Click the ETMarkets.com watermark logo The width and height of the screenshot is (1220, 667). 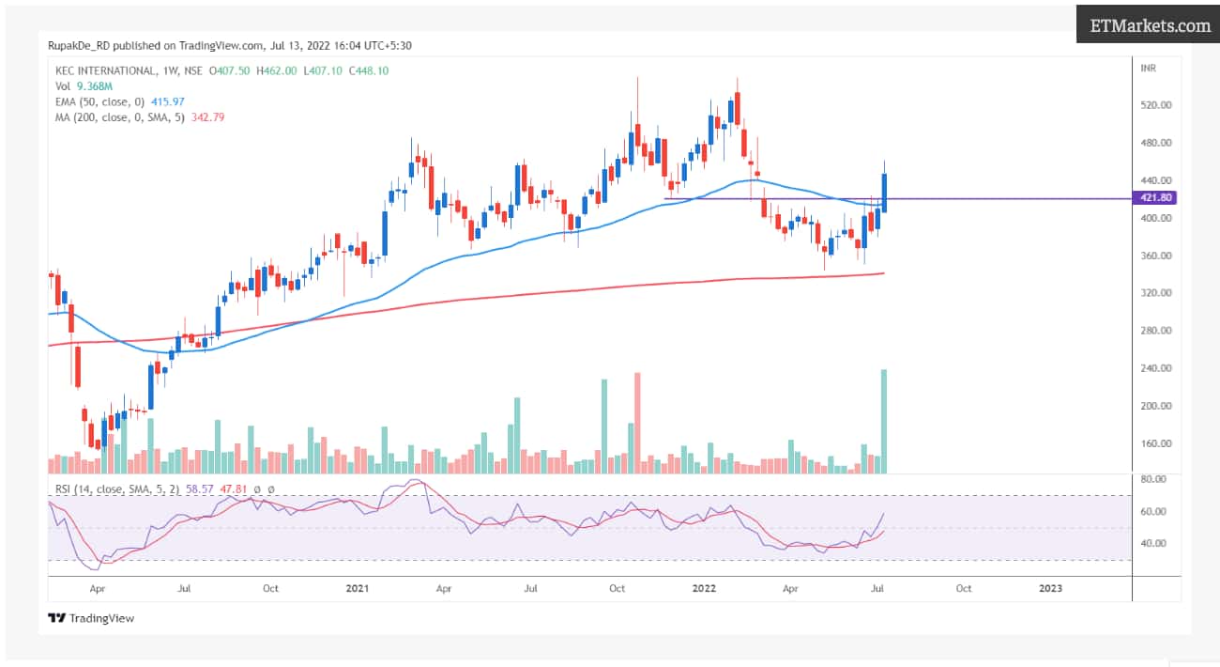1150,25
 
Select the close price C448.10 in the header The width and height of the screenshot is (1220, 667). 369,70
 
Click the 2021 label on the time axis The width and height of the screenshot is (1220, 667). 357,589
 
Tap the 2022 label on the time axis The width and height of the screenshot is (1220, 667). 704,589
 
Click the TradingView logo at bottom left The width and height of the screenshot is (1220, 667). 91,618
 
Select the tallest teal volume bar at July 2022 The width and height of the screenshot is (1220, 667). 884,421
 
